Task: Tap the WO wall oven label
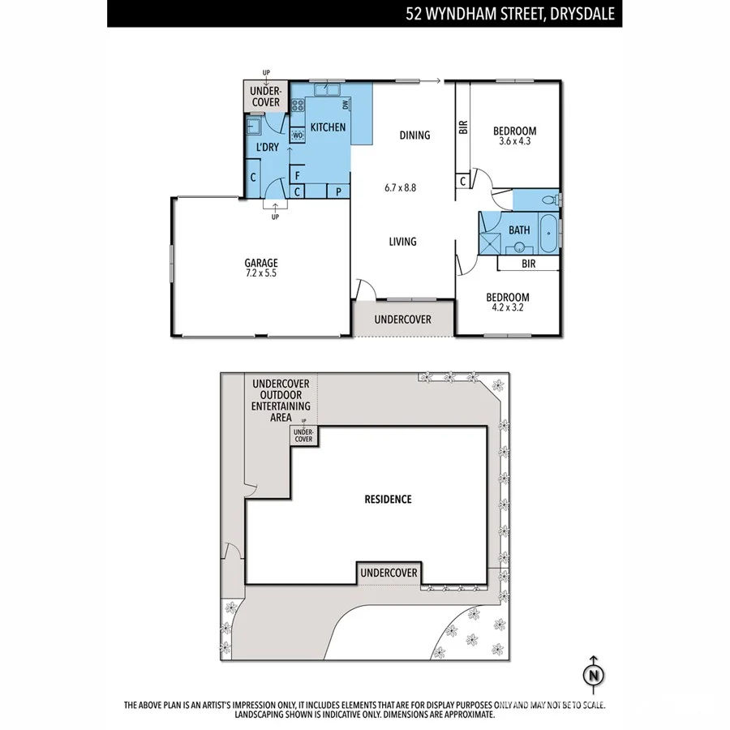(x=297, y=135)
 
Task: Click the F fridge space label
(x=298, y=175)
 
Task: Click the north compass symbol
(x=595, y=675)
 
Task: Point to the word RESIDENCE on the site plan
(x=388, y=499)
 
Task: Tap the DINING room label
(x=414, y=135)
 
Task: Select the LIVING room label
(x=402, y=242)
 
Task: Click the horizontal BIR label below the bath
(x=528, y=264)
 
